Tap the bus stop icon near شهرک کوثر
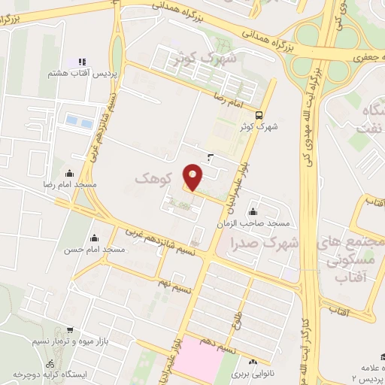259,115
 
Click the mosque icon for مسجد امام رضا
70,172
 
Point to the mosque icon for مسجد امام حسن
93,237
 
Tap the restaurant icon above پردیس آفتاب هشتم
82,62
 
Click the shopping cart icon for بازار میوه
70,330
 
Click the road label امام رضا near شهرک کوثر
230,99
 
